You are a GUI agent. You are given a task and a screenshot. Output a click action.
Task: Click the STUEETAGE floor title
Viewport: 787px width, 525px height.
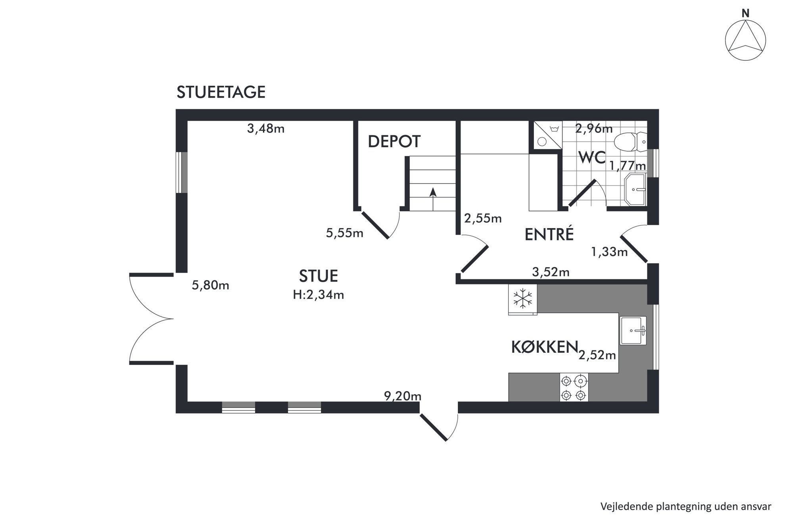pos(221,92)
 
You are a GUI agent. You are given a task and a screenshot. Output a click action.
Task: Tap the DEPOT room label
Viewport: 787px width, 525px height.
pos(394,142)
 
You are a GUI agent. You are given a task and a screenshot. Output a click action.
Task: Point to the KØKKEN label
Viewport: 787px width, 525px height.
pos(544,347)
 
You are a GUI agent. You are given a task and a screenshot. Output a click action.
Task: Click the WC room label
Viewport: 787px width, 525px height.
pos(592,158)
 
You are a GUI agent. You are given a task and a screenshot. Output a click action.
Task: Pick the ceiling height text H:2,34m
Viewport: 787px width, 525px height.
pos(318,295)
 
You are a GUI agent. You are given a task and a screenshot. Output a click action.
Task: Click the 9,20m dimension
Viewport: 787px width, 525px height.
pos(402,396)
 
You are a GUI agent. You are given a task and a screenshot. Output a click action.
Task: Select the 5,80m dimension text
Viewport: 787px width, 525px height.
pos(210,285)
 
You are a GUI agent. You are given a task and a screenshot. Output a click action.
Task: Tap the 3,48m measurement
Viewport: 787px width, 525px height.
pos(266,129)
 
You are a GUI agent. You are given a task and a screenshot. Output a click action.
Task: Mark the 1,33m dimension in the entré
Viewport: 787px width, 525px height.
pos(609,252)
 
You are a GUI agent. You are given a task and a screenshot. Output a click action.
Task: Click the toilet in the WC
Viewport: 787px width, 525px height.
pos(630,142)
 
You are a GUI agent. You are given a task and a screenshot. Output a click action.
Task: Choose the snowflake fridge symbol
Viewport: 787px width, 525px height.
pos(523,299)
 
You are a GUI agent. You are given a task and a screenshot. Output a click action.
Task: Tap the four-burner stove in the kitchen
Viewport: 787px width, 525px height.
pos(574,388)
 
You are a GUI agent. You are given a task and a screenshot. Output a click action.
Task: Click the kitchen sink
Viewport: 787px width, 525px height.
pos(633,330)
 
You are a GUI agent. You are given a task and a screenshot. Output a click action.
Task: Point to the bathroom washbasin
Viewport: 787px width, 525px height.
pos(635,189)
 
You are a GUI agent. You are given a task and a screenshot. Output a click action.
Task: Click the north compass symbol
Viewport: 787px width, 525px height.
pos(745,40)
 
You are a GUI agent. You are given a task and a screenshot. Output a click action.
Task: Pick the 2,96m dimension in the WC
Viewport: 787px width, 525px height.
pos(594,129)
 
